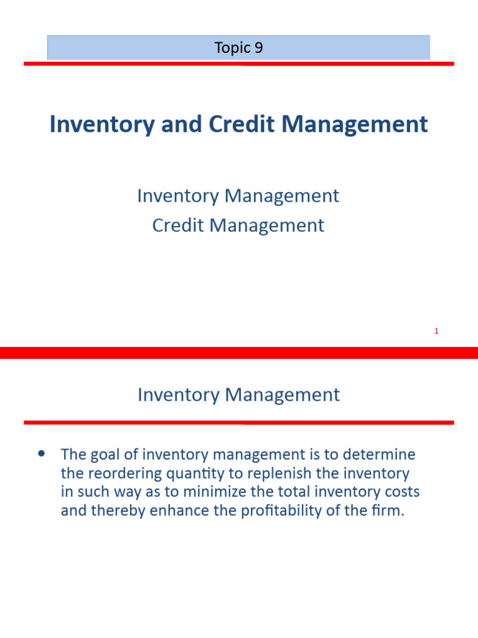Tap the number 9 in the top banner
click(258, 48)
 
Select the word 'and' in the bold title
click(180, 124)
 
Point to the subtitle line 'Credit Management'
click(238, 225)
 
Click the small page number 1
click(436, 331)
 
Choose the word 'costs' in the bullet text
click(400, 492)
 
